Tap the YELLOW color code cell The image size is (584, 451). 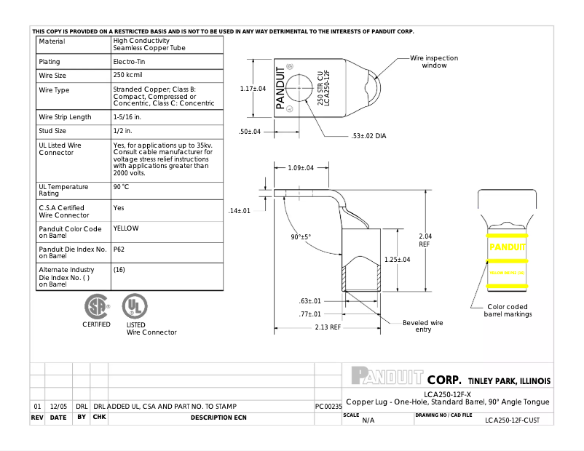click(126, 228)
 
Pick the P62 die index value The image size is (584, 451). click(119, 249)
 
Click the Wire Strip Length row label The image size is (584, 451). click(65, 117)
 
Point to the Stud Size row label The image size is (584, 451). click(52, 131)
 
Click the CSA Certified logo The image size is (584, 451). click(96, 305)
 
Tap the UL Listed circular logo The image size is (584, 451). click(134, 305)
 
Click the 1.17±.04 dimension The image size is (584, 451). click(253, 89)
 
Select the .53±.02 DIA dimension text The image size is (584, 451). click(369, 136)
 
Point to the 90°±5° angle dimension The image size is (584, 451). click(301, 237)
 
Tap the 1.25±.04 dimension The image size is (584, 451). click(398, 260)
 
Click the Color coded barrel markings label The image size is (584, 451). click(508, 311)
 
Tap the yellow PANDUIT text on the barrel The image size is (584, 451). click(507, 247)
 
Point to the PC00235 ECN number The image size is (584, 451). click(328, 406)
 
